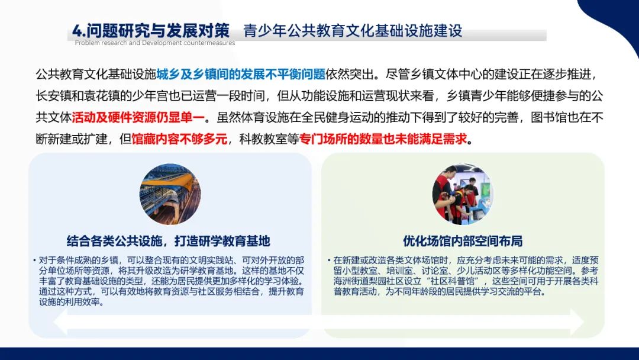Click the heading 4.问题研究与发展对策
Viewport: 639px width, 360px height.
tap(151, 31)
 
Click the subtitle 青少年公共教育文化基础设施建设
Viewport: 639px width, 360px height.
tap(353, 31)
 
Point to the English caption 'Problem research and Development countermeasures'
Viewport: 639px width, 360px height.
tap(155, 43)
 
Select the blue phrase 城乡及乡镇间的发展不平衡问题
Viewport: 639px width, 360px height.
tap(241, 74)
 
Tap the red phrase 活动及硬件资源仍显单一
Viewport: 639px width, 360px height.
tap(138, 117)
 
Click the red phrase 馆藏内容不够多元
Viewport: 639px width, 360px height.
tap(179, 139)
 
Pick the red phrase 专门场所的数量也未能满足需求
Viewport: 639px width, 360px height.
tap(383, 139)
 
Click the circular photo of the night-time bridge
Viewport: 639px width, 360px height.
tap(170, 194)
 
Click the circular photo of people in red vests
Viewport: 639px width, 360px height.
tap(463, 194)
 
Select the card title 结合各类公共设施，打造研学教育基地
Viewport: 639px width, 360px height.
tap(168, 241)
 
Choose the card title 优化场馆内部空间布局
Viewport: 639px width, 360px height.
tap(463, 241)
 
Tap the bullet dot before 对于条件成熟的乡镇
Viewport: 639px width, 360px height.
tap(35, 260)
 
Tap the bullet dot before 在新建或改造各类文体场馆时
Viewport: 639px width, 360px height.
tap(329, 260)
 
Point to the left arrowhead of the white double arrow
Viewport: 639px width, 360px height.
tap(61, 322)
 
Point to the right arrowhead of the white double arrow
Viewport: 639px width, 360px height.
tap(576, 322)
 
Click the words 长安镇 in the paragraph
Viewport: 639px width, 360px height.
tap(54, 96)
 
